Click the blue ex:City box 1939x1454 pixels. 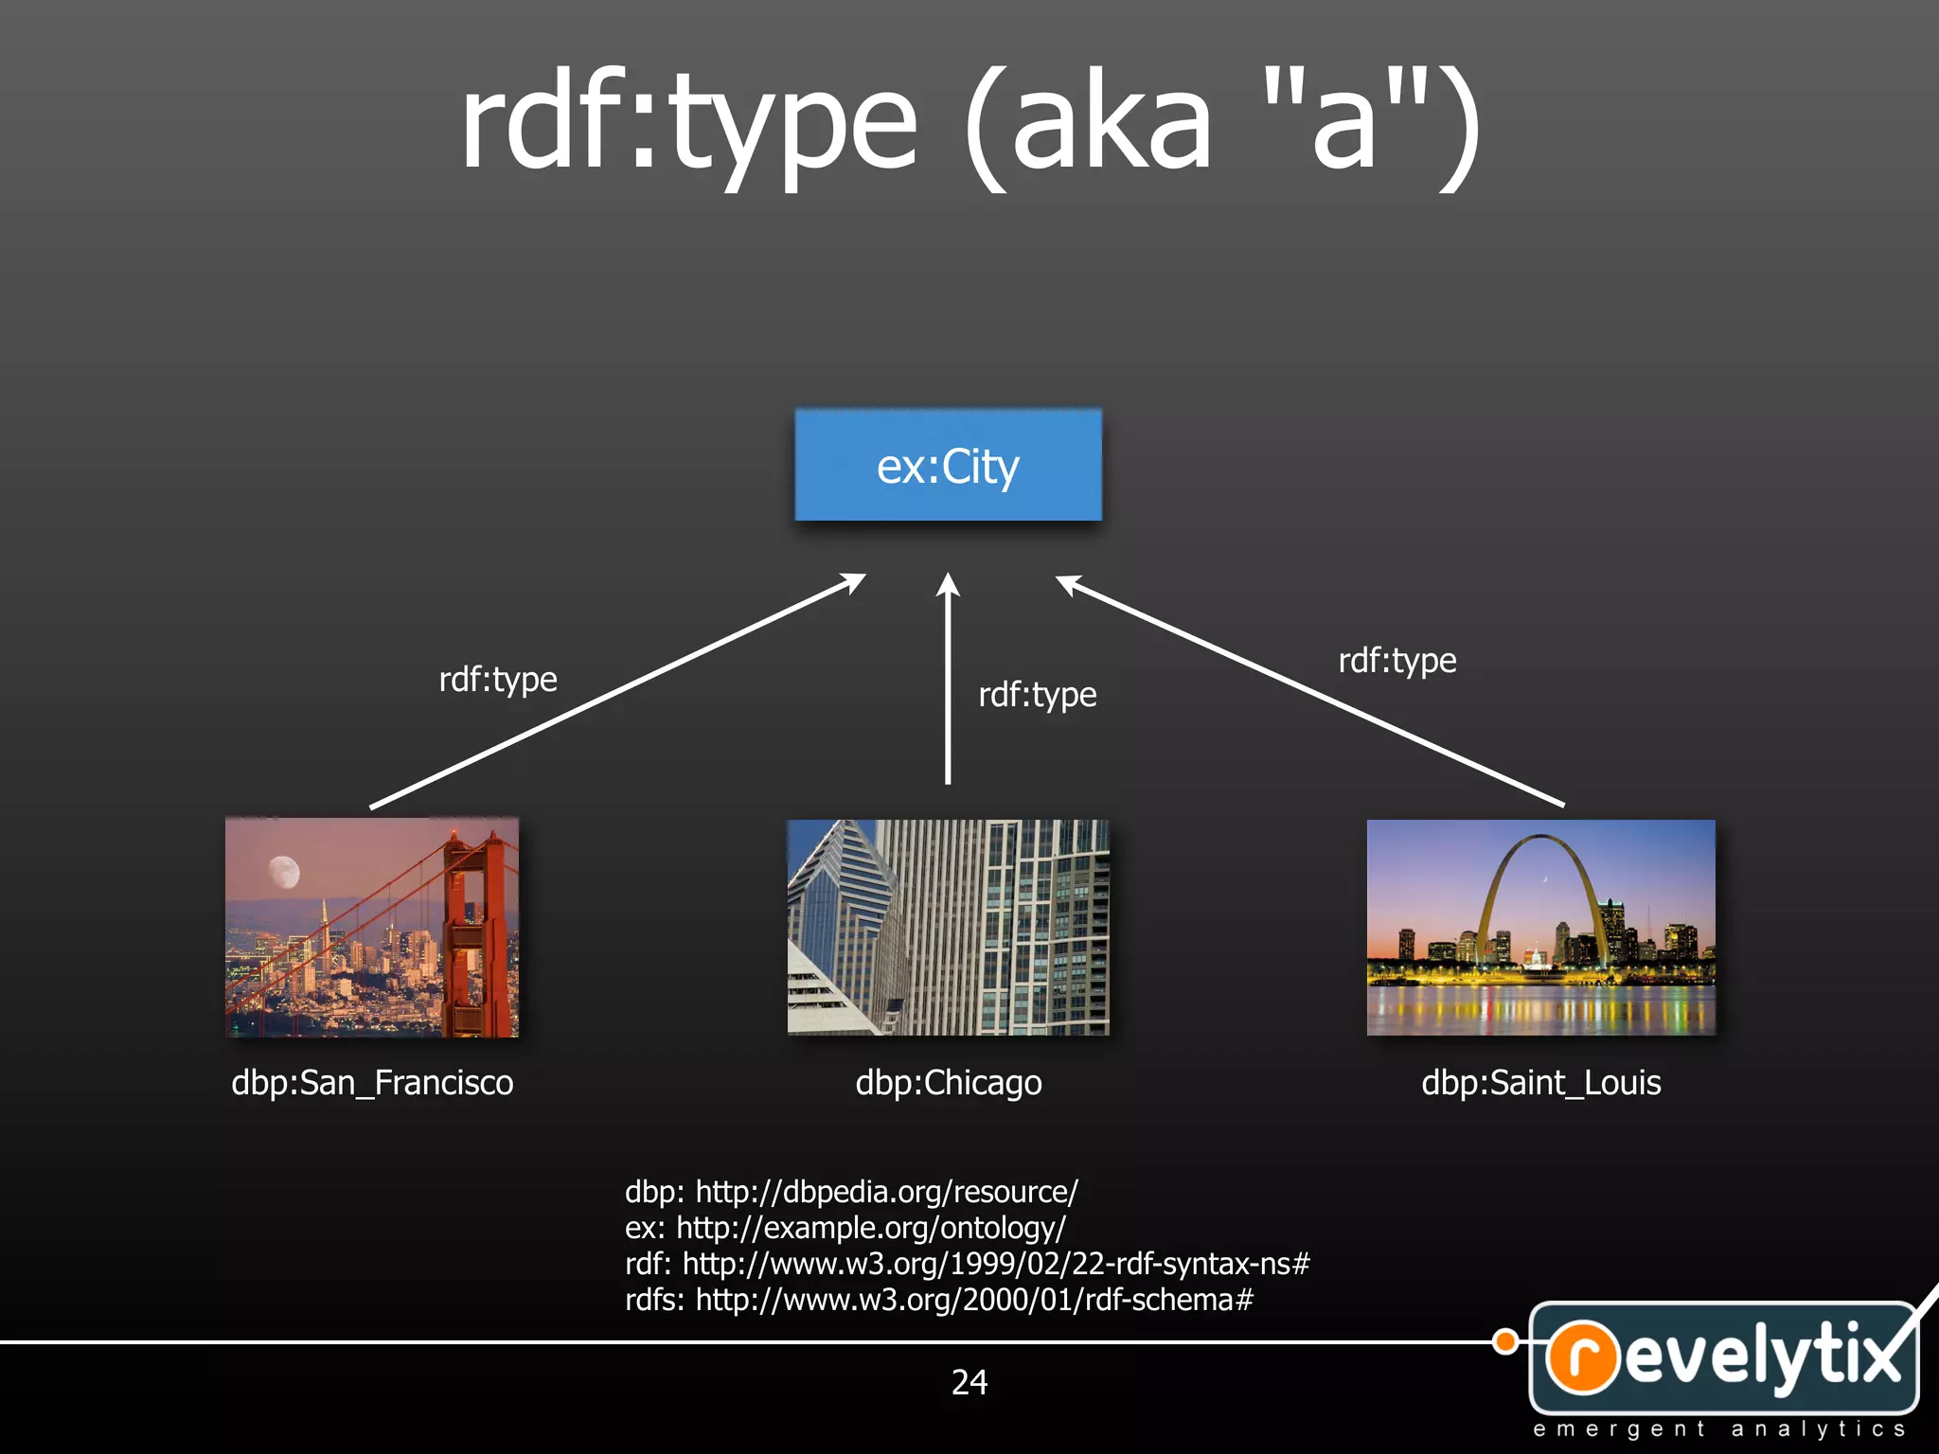click(948, 465)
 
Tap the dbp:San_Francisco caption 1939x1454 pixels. click(372, 1082)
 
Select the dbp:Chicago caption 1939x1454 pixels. click(948, 1082)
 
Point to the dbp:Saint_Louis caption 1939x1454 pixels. click(1540, 1082)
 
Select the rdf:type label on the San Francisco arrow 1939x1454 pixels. click(498, 680)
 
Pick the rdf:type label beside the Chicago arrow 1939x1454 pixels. click(1037, 695)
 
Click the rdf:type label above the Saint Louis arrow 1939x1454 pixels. click(1396, 661)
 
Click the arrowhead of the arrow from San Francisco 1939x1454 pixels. click(854, 581)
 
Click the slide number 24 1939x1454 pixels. click(969, 1382)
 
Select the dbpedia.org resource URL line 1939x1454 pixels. click(851, 1191)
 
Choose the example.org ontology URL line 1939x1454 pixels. click(845, 1228)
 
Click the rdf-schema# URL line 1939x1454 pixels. click(938, 1300)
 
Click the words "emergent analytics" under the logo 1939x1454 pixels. click(1718, 1429)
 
